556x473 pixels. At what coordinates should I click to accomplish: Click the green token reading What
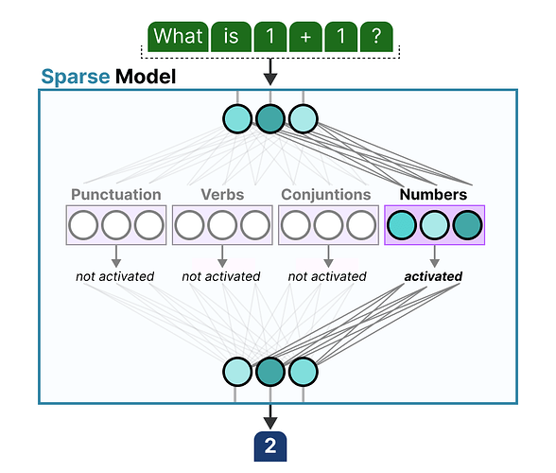(x=178, y=37)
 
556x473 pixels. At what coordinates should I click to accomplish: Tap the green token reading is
(x=231, y=37)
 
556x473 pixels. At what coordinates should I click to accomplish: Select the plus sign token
(x=305, y=37)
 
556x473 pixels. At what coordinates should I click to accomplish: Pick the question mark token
(x=376, y=37)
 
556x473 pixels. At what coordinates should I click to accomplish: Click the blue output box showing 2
(x=270, y=446)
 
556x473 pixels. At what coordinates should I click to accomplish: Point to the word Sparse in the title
(x=76, y=77)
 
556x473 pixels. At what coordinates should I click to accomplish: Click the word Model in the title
(x=146, y=77)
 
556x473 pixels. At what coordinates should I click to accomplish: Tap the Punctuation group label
(x=116, y=195)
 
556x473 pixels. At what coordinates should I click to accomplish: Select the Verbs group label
(x=222, y=195)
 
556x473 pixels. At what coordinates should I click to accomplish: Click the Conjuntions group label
(x=326, y=195)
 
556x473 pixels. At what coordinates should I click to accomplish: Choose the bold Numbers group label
(x=433, y=195)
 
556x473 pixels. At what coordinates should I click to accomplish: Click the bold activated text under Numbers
(x=433, y=276)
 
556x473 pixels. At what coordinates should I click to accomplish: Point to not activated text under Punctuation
(x=115, y=276)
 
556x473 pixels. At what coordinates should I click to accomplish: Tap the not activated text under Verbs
(x=221, y=276)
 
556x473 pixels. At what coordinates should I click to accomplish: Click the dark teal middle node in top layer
(x=270, y=118)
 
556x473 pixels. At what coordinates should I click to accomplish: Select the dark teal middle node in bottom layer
(x=270, y=372)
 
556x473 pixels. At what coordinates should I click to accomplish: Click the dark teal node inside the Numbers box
(x=467, y=225)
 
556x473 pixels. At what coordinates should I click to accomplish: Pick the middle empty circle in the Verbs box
(x=222, y=225)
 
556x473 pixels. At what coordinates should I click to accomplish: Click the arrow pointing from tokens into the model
(x=270, y=72)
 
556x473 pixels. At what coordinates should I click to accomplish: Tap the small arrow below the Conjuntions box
(x=328, y=256)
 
